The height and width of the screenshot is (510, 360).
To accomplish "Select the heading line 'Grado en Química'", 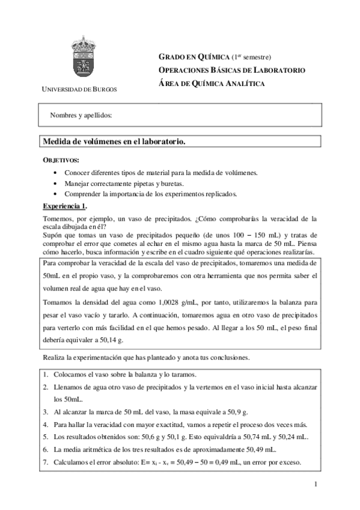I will tap(214, 57).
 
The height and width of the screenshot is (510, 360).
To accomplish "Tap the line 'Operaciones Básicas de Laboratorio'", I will tap(231, 70).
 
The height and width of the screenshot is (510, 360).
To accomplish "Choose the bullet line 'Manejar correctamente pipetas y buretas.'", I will tap(124, 183).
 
